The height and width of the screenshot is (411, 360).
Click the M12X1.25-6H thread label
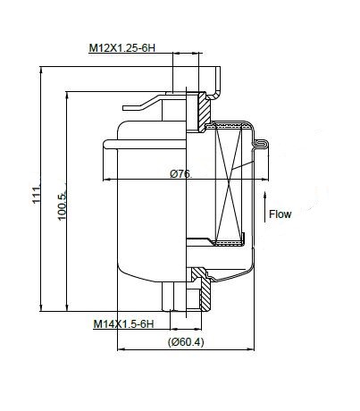122,48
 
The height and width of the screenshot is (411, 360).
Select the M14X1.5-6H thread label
123,323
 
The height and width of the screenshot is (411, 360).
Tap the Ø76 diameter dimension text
180,173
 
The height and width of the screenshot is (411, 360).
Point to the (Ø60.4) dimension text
186,342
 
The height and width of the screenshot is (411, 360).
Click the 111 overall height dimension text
37,195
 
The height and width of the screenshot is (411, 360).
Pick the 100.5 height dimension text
62,206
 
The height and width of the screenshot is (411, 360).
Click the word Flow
280,214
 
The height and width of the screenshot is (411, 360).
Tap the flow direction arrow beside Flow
264,207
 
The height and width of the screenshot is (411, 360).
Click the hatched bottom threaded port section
202,288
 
